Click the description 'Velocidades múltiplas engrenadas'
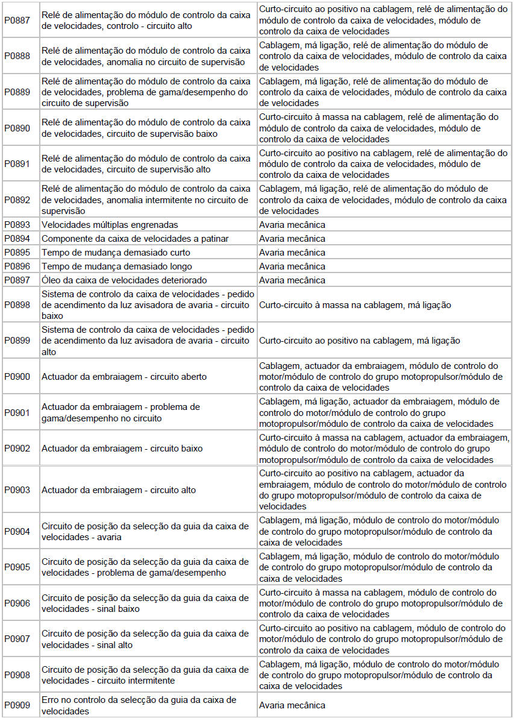pyautogui.click(x=110, y=225)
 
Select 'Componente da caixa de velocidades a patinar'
pyautogui.click(x=135, y=239)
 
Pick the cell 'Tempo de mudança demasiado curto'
pyautogui.click(x=116, y=253)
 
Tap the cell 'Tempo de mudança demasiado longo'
pyautogui.click(x=117, y=266)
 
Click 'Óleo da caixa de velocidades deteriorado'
pyautogui.click(x=124, y=280)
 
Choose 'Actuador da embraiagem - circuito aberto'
pyautogui.click(x=124, y=377)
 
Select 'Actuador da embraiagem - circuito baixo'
pyautogui.click(x=122, y=449)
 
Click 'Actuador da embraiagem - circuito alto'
pyautogui.click(x=119, y=490)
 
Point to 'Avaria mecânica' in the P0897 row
pyautogui.click(x=292, y=280)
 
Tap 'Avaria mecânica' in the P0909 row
pyautogui.click(x=292, y=705)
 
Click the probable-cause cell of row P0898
pyautogui.click(x=355, y=305)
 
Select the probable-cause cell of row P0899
pyautogui.click(x=359, y=341)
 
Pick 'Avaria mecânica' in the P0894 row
pyautogui.click(x=292, y=239)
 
